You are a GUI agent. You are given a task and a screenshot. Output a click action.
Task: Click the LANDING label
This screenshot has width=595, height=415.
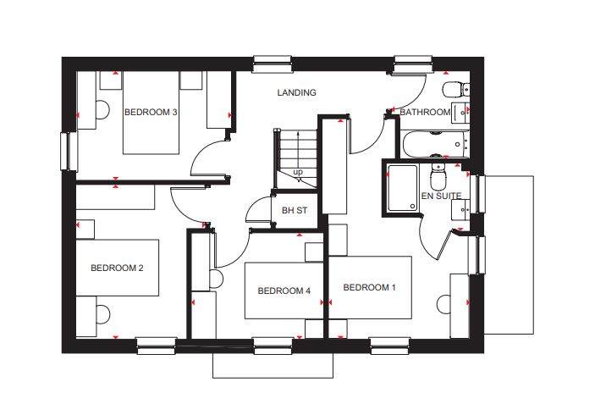(x=296, y=92)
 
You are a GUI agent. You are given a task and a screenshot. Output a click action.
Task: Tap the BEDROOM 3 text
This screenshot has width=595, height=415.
(x=151, y=112)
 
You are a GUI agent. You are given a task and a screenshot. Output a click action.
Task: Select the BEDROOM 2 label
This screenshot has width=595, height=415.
(x=117, y=268)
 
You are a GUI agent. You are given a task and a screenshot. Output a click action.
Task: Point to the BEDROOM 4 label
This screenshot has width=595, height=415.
(x=284, y=290)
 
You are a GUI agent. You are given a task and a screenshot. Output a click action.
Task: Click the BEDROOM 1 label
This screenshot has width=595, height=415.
(x=369, y=287)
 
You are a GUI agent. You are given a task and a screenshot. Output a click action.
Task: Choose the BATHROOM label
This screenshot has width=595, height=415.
(x=425, y=112)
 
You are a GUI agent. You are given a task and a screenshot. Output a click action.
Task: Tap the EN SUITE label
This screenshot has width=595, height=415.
(x=441, y=196)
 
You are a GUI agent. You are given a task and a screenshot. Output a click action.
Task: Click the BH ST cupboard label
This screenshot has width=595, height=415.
(x=295, y=210)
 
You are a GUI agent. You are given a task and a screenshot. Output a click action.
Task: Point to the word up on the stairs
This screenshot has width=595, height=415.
(x=298, y=172)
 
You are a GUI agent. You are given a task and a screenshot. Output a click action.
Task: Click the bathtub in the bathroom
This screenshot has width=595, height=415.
(x=436, y=144)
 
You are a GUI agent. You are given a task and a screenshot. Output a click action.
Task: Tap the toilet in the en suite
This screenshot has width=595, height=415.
(x=438, y=177)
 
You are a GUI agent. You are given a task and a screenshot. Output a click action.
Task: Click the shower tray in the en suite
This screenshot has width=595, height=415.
(x=402, y=188)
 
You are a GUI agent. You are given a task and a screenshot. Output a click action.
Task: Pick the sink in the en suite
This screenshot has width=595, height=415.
(x=460, y=209)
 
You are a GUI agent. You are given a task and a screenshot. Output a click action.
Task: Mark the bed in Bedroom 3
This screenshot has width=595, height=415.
(x=151, y=113)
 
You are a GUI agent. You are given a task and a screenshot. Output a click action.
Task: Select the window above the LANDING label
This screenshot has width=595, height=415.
(x=272, y=64)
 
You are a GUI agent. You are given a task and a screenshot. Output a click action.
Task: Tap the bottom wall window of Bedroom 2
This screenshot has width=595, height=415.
(x=156, y=346)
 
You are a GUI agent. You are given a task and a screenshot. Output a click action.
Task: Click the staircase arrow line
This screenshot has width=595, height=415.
(x=298, y=157)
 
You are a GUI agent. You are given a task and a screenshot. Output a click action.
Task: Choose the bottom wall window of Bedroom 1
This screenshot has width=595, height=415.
(x=389, y=346)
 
